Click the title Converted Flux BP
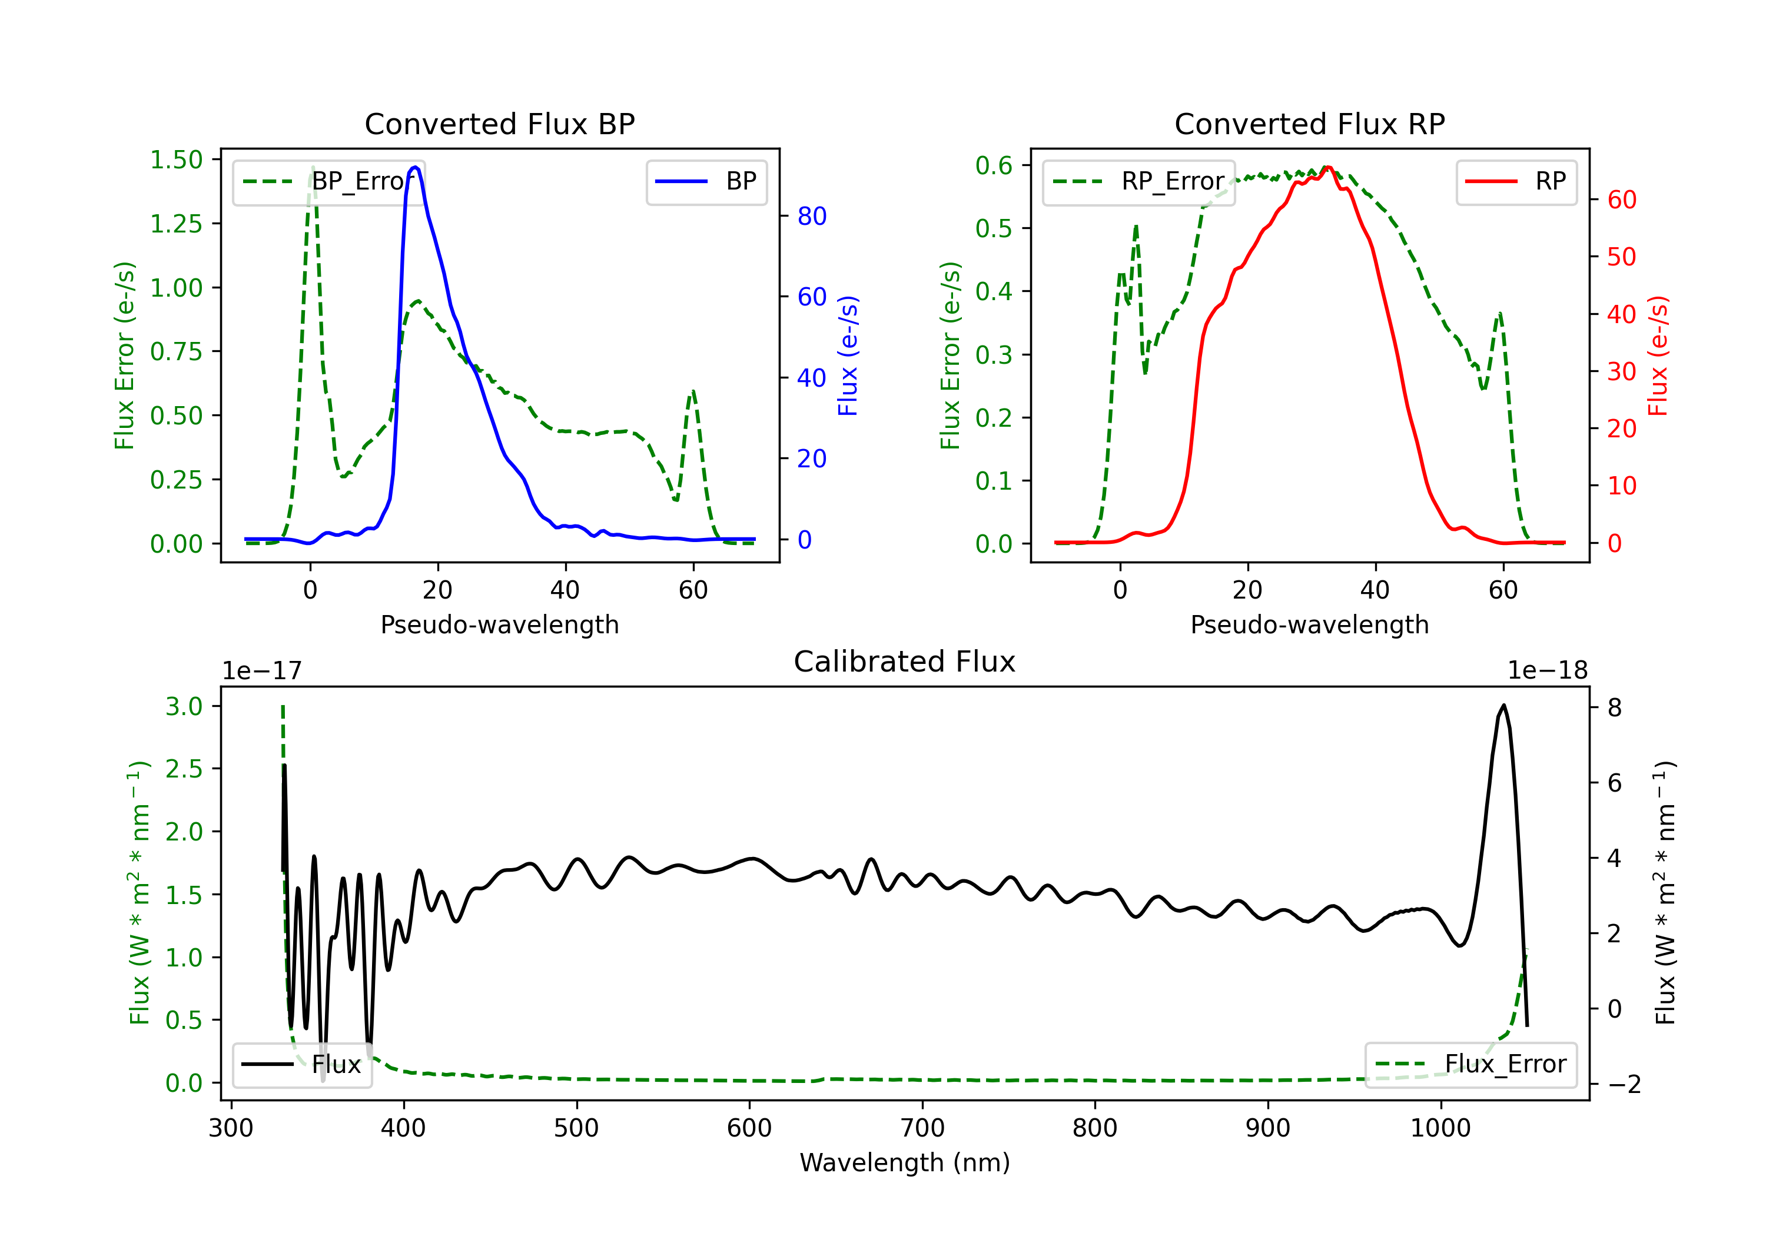click(x=499, y=124)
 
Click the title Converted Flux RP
click(x=1309, y=124)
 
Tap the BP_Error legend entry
click(x=328, y=181)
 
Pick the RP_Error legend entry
click(x=1138, y=181)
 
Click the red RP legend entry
click(x=1516, y=181)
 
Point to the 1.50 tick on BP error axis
click(x=176, y=160)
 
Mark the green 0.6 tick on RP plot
click(x=994, y=165)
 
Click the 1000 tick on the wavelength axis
click(x=1440, y=1128)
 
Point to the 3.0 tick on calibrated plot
click(x=184, y=706)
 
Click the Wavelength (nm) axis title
click(x=905, y=1162)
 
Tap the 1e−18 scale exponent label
click(x=1547, y=671)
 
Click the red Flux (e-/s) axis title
click(x=1658, y=355)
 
